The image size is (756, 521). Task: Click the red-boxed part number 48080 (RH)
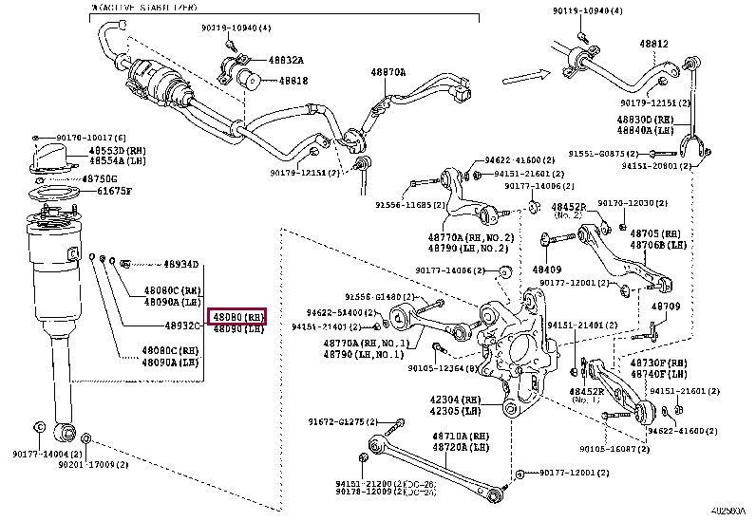[237, 316]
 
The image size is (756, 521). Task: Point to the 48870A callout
[387, 72]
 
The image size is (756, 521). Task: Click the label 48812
[652, 44]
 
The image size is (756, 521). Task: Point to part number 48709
[665, 307]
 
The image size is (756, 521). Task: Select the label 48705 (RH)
[655, 233]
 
